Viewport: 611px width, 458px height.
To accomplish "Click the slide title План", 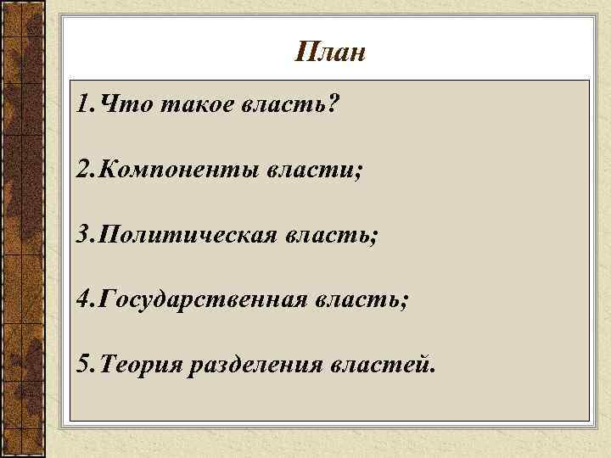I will pyautogui.click(x=330, y=53).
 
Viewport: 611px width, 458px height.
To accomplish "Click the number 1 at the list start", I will pyautogui.click(x=80, y=105).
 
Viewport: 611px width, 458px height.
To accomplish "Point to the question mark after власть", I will pyautogui.click(x=331, y=105).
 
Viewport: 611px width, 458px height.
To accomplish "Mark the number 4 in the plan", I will pyautogui.click(x=81, y=299).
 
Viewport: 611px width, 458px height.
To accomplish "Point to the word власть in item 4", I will pyautogui.click(x=356, y=299).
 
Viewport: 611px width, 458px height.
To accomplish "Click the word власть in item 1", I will pyautogui.click(x=284, y=105).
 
